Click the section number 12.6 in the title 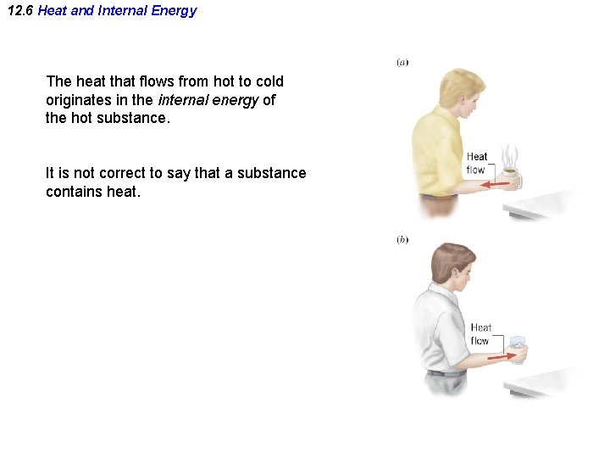point(19,11)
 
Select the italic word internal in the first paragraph point(184,100)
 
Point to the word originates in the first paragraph point(79,100)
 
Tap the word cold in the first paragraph point(269,81)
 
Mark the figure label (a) point(402,63)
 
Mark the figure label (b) point(402,240)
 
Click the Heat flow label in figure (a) point(477,163)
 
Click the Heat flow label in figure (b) point(481,334)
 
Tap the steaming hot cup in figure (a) point(511,179)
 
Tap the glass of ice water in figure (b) point(517,350)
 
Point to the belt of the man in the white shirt point(446,372)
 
